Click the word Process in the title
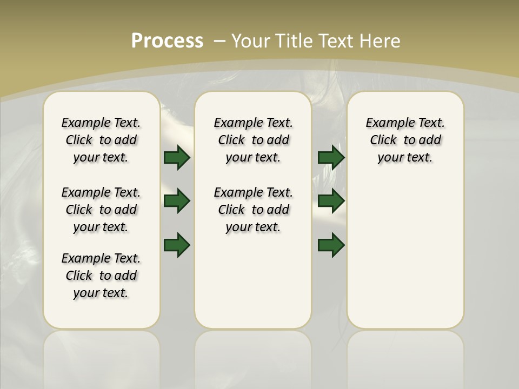point(167,41)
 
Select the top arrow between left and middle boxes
point(177,157)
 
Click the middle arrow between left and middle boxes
point(177,201)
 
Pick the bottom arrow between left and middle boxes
point(177,245)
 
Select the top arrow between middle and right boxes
point(331,157)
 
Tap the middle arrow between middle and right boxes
point(331,201)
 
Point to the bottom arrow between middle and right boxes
point(331,245)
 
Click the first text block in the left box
point(101,140)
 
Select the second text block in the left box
point(101,210)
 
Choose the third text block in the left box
point(101,276)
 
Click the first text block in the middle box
point(253,140)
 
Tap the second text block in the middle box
point(253,210)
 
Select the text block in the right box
point(405,140)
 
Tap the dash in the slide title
point(220,41)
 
